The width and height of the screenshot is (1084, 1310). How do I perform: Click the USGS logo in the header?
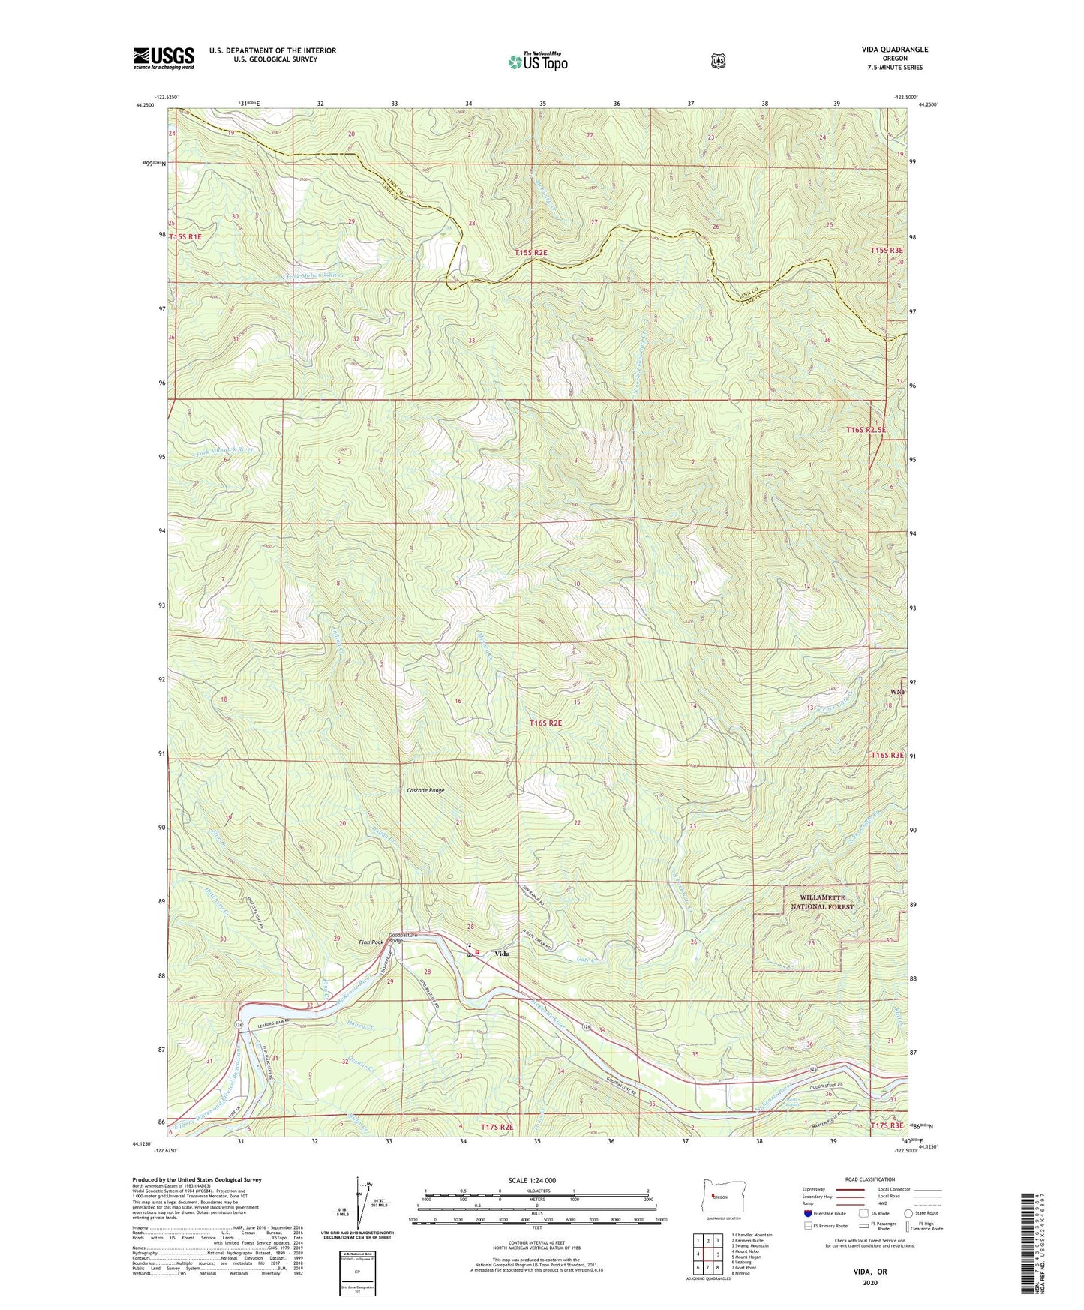164,58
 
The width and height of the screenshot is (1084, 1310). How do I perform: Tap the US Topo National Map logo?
537,61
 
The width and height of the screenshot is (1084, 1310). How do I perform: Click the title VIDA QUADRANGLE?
895,50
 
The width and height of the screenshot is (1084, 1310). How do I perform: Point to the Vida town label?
502,954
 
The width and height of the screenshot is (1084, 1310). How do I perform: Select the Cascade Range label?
425,790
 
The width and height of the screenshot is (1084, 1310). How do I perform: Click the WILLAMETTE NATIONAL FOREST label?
822,902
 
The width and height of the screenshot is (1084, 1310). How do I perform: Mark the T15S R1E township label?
186,236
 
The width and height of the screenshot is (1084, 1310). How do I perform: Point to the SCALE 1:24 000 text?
532,1180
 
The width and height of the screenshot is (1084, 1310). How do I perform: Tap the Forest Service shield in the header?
718,60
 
